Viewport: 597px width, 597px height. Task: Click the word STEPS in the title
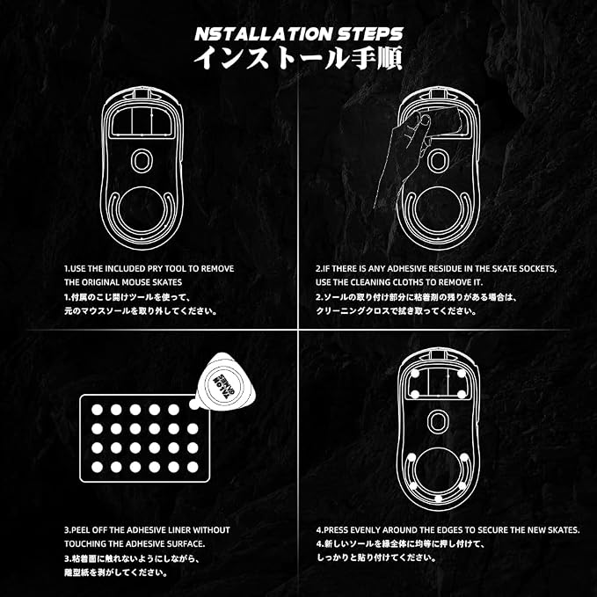(369, 34)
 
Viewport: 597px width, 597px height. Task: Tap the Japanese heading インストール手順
(298, 58)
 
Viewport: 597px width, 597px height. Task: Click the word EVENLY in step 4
(365, 530)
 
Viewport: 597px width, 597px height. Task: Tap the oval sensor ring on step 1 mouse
(142, 161)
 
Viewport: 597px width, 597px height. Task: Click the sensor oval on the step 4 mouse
(438, 421)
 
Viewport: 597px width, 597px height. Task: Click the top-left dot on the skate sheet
(97, 410)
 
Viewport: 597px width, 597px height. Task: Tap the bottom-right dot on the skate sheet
(193, 467)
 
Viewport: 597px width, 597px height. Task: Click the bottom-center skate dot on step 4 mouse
(438, 499)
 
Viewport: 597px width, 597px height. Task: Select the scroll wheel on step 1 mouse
(142, 93)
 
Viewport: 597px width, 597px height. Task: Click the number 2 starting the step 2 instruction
(318, 268)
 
